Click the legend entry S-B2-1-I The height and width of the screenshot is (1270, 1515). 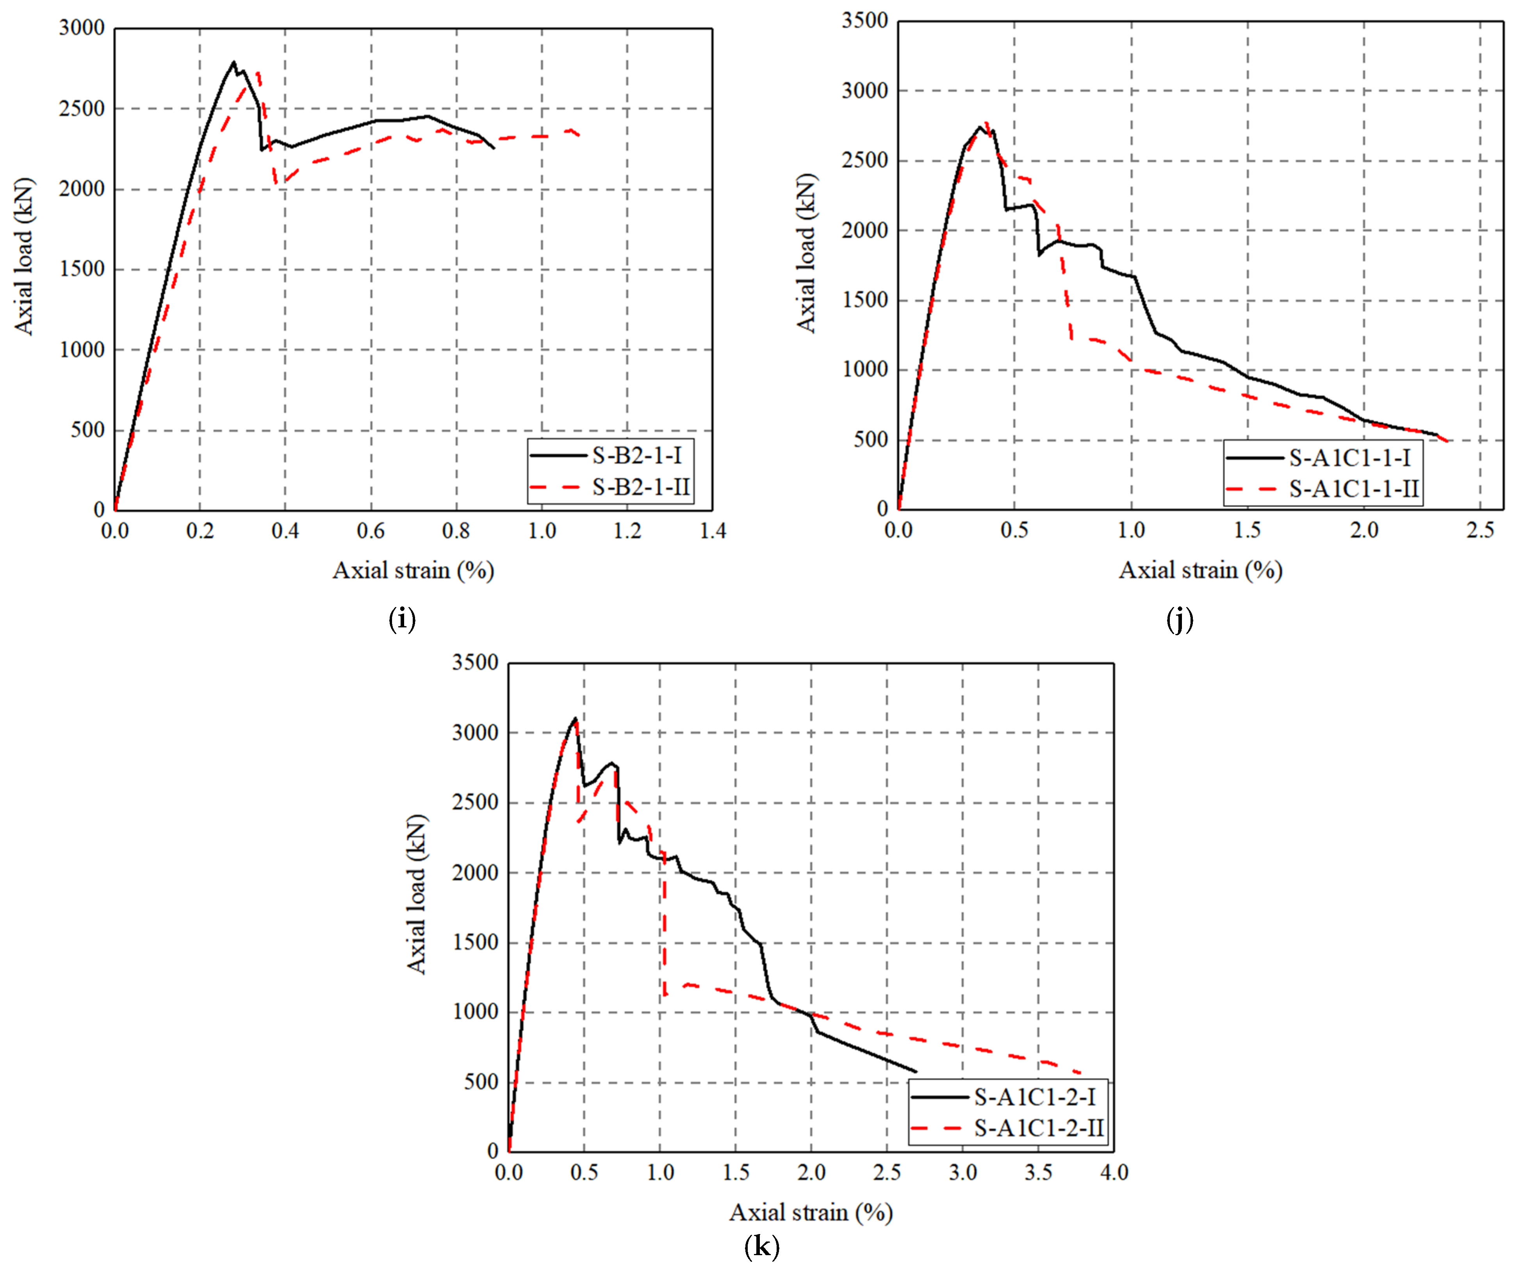(x=636, y=455)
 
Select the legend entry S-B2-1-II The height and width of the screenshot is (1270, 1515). (x=641, y=487)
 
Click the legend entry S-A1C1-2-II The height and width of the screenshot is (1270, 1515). (x=1039, y=1128)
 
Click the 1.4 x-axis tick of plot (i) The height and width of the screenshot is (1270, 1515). (x=713, y=532)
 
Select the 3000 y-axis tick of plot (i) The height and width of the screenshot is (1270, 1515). (x=82, y=28)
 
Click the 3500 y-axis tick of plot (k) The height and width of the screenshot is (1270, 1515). (x=475, y=663)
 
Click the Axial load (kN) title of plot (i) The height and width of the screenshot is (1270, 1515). (x=24, y=256)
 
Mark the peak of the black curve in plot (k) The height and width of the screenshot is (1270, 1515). (x=575, y=718)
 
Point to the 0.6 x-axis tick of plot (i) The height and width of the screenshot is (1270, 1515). (x=371, y=532)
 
